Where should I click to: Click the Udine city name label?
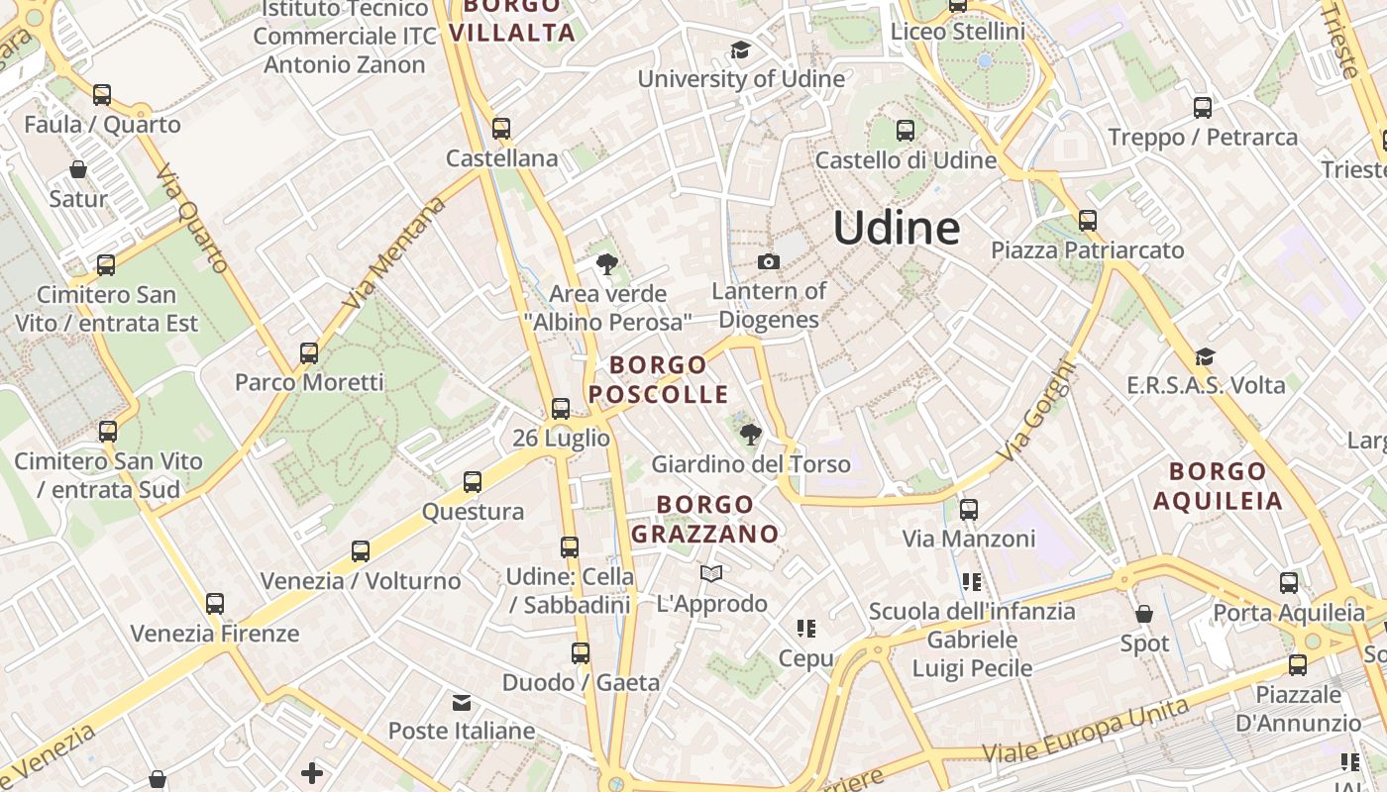897,229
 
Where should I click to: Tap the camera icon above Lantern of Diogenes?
768,262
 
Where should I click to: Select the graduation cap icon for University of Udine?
740,50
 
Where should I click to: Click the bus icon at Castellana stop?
501,129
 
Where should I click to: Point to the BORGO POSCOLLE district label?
659,379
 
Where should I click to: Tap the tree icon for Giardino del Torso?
750,434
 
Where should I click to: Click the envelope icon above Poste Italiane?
462,703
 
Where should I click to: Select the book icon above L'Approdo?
711,574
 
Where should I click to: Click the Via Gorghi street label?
1036,410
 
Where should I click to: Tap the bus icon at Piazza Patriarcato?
1088,221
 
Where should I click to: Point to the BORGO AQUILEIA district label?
1218,485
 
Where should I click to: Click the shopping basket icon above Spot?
1144,615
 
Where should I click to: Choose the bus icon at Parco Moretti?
309,353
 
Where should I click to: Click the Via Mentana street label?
394,252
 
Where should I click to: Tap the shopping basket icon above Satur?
78,170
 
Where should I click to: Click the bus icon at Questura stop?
473,482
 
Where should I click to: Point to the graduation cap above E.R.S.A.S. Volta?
1205,356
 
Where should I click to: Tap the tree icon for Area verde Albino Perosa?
606,264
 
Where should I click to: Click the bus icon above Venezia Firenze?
215,604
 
